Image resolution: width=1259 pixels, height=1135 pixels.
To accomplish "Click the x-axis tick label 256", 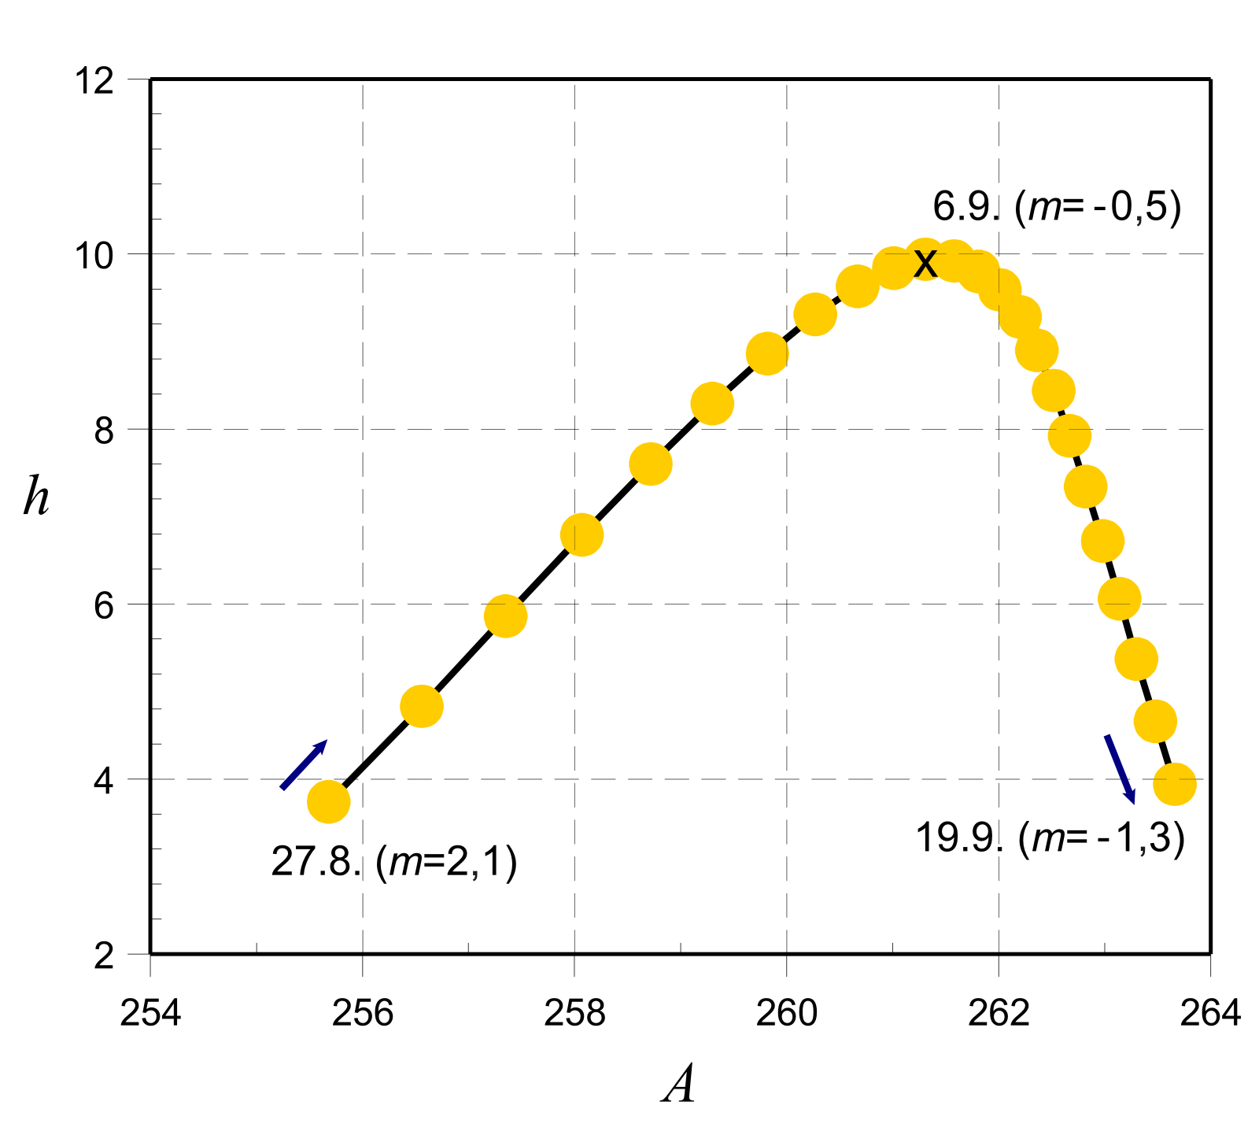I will (362, 1013).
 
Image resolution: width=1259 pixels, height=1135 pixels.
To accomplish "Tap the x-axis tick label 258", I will (574, 1013).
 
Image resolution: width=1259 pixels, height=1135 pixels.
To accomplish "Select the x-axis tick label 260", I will (786, 1013).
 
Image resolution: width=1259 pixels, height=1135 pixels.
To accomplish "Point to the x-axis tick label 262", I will (999, 1013).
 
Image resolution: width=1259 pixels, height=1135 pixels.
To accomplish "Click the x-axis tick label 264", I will (1210, 1013).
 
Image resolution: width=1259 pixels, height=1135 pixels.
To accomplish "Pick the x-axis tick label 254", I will (150, 1013).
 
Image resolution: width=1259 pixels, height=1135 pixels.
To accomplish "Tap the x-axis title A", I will (678, 1086).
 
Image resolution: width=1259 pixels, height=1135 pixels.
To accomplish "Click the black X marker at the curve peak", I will (925, 261).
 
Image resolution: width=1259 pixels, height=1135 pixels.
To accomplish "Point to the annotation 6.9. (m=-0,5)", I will (1057, 207).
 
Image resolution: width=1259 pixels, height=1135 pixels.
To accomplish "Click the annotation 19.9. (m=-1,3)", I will (1050, 838).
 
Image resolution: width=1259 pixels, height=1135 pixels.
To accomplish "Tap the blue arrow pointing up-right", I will (304, 764).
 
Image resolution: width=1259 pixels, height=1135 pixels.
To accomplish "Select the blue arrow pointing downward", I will (1120, 769).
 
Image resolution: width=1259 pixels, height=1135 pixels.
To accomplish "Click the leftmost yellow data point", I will (328, 802).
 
